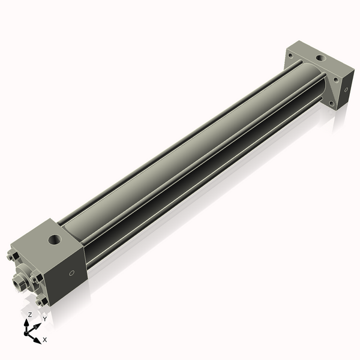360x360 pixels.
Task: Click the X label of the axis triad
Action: pyautogui.click(x=45, y=340)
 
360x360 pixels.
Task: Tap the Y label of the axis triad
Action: pyautogui.click(x=44, y=319)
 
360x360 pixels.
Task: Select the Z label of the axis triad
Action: pyautogui.click(x=30, y=314)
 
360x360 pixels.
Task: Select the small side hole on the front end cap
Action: pyautogui.click(x=73, y=274)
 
